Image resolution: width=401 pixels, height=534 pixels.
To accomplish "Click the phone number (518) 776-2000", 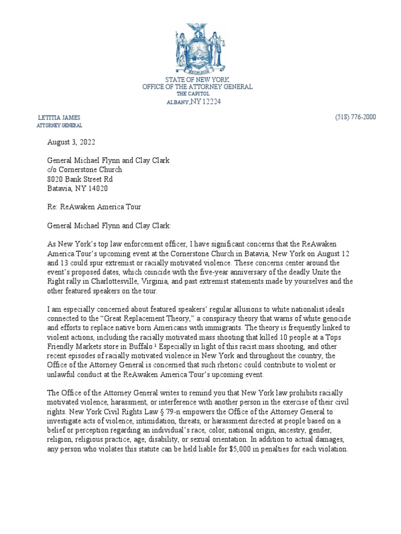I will tap(355, 117).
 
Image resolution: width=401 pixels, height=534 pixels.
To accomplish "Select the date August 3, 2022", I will tap(72, 142).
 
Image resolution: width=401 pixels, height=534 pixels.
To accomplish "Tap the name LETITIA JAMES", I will tap(59, 117).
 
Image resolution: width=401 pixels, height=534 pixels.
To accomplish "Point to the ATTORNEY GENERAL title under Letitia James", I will tap(59, 126).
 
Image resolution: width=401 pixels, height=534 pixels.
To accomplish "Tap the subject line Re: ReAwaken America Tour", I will tap(94, 207).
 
